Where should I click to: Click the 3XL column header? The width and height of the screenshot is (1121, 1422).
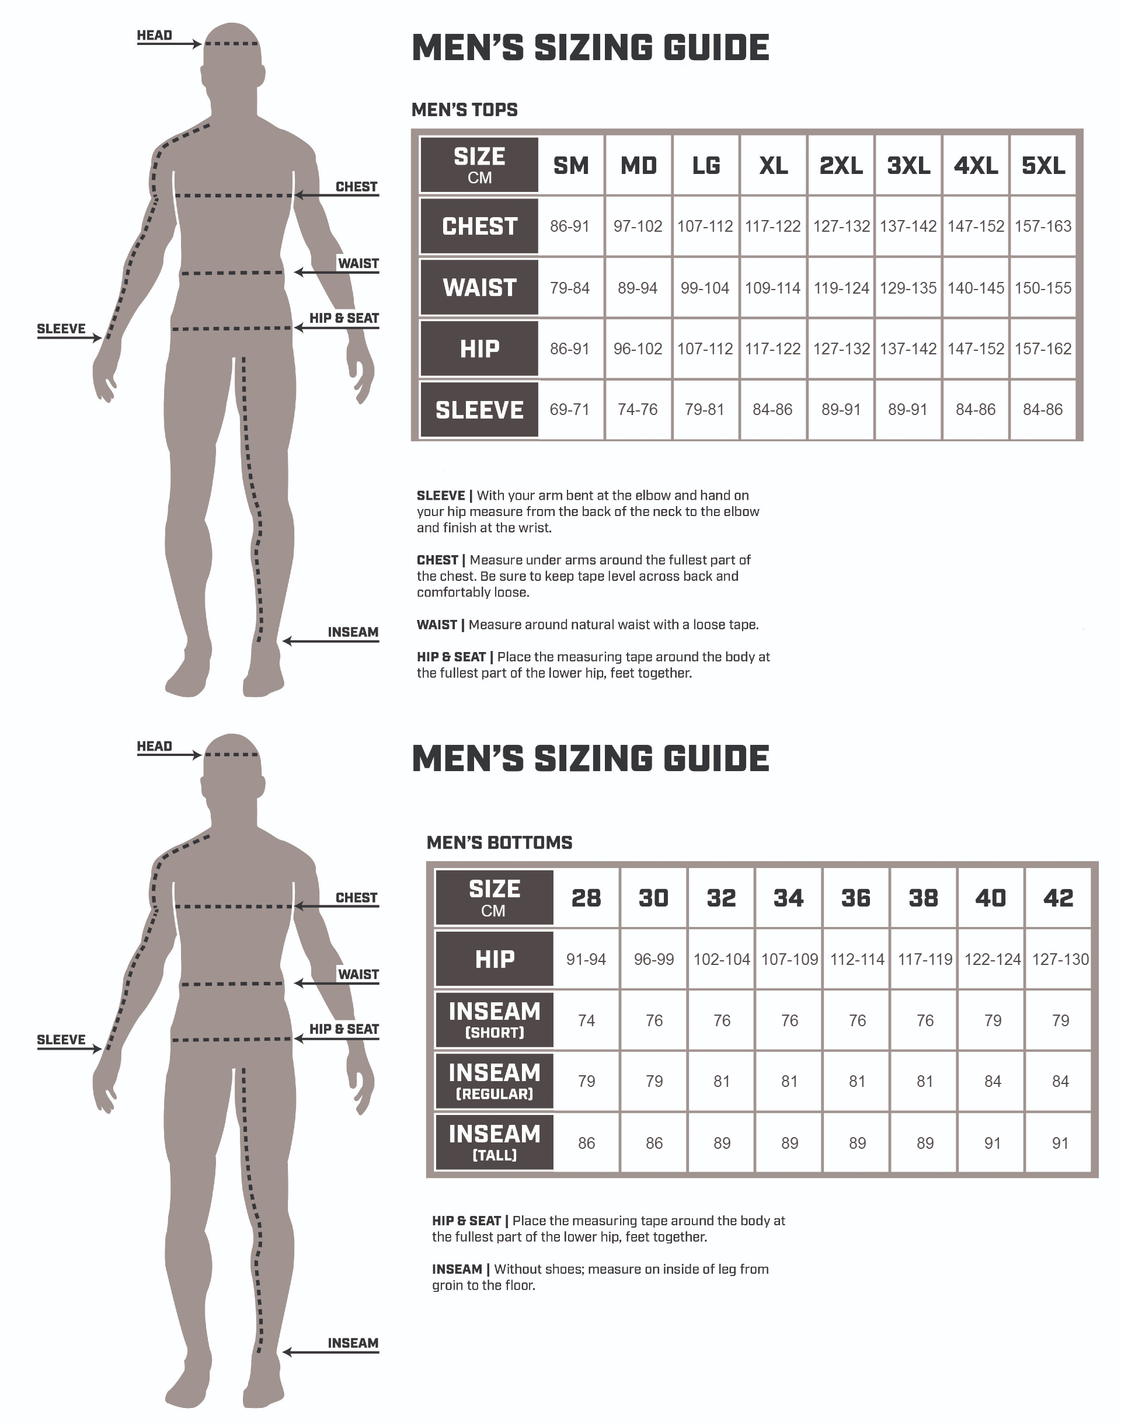click(x=908, y=165)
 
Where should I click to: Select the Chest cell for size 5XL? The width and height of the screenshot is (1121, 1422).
click(x=1043, y=226)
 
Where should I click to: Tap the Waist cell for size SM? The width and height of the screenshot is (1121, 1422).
click(x=570, y=288)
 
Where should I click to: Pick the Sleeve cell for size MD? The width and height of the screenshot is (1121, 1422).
click(x=638, y=409)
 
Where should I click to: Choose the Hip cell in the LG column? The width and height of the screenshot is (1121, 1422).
click(x=705, y=348)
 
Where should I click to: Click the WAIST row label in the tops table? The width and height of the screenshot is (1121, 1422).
click(x=479, y=287)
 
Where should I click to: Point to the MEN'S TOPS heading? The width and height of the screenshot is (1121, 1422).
click(x=465, y=110)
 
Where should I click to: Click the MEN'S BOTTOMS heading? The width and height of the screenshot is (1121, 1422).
click(x=499, y=842)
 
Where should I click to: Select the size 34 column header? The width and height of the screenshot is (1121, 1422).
click(x=788, y=898)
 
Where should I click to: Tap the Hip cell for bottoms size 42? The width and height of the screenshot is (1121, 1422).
click(x=1060, y=959)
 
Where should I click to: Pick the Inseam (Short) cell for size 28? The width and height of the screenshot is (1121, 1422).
click(x=586, y=1020)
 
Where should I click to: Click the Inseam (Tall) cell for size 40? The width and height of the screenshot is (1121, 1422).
click(x=993, y=1143)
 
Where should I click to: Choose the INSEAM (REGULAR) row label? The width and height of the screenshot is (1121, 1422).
click(x=494, y=1082)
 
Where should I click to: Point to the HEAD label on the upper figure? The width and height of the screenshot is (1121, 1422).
click(x=154, y=35)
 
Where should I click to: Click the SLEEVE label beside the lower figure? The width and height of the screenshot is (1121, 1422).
click(x=61, y=1040)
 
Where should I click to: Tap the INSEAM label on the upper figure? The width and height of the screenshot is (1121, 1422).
click(x=353, y=632)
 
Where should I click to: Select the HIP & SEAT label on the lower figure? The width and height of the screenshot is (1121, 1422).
click(x=344, y=1029)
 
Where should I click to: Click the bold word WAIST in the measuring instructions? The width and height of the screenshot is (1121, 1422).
click(x=437, y=625)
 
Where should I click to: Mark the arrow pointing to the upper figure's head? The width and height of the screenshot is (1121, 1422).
click(x=169, y=44)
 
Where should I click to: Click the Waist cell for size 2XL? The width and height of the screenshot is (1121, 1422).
click(x=841, y=288)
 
